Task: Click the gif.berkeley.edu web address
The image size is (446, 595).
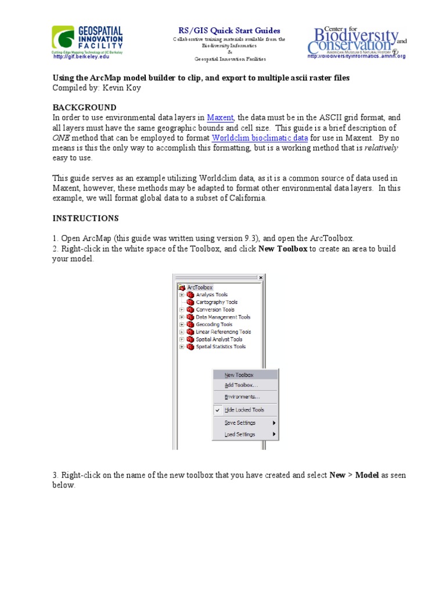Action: pos(81,57)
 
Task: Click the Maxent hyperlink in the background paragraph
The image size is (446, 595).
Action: pos(220,117)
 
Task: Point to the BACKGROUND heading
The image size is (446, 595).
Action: pos(85,107)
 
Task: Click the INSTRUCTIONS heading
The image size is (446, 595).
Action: pos(85,218)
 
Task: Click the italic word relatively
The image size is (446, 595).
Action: pos(381,148)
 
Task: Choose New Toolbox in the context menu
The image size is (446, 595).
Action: pos(239,375)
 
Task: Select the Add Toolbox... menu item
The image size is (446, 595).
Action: pos(241,385)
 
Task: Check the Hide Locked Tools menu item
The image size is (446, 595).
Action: pos(244,410)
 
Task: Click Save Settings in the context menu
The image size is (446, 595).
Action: pos(240,423)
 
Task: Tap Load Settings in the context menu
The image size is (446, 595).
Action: pos(240,435)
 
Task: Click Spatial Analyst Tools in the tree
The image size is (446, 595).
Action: pos(219,339)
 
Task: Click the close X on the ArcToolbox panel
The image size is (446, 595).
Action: pos(261,278)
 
